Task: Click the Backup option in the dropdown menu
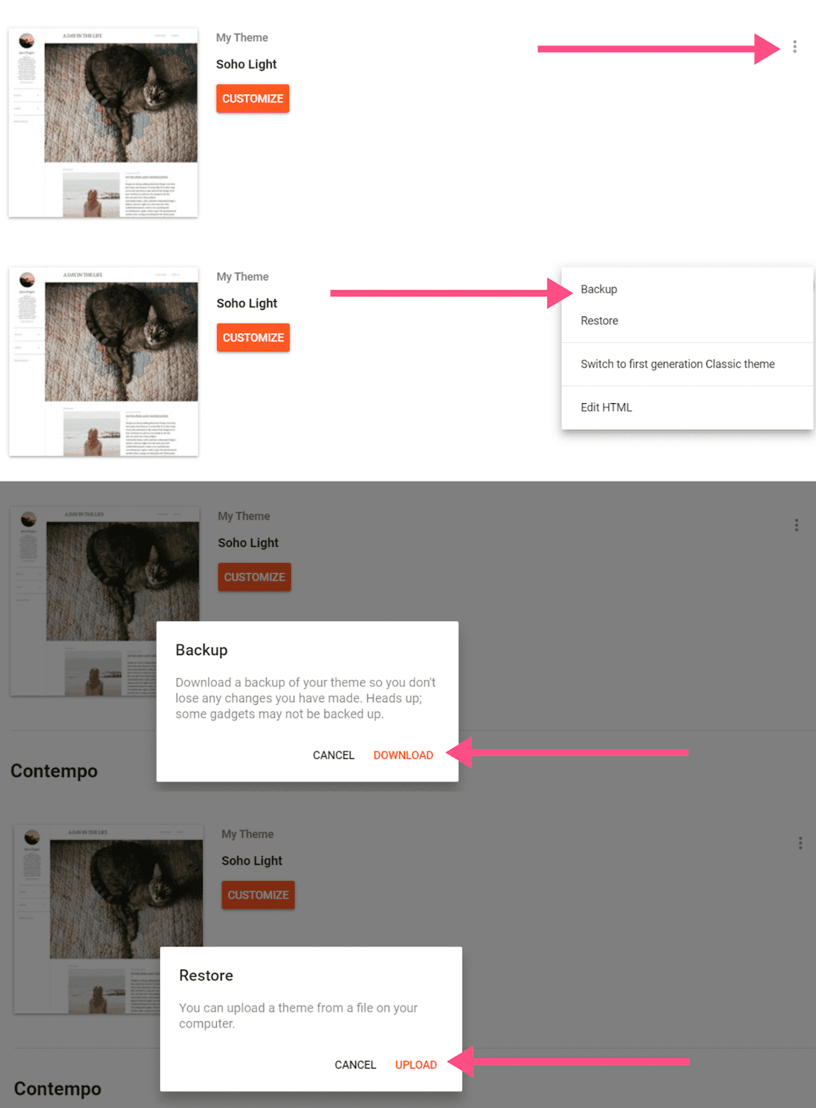click(x=598, y=289)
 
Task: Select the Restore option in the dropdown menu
click(x=599, y=321)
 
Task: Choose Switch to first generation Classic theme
click(x=677, y=364)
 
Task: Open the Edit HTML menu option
click(x=606, y=407)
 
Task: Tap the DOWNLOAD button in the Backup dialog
click(x=403, y=755)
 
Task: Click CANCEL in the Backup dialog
click(x=333, y=755)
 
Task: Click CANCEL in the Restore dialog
click(x=355, y=1064)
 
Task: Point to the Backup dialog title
click(x=202, y=650)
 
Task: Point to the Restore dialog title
click(x=206, y=975)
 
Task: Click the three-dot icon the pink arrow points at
click(x=795, y=46)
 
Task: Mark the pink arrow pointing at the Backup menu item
click(x=450, y=293)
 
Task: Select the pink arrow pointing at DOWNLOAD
click(x=567, y=752)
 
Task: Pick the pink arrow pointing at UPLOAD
click(x=568, y=1061)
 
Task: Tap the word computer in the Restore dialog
click(x=206, y=1024)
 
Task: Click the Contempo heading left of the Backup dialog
click(x=54, y=771)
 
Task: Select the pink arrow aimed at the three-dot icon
click(x=658, y=48)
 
